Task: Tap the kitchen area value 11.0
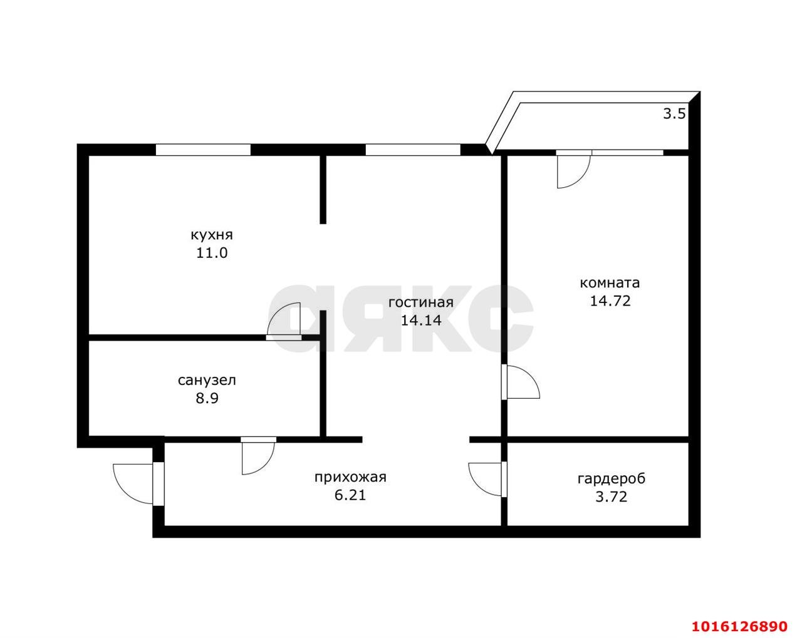pyautogui.click(x=212, y=254)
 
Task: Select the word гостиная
pyautogui.click(x=421, y=303)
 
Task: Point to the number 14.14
pyautogui.click(x=421, y=321)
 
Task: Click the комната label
pyautogui.click(x=610, y=284)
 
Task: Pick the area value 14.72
pyautogui.click(x=610, y=301)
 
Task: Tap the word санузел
pyautogui.click(x=207, y=381)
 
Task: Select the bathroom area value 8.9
pyautogui.click(x=207, y=399)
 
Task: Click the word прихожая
pyautogui.click(x=350, y=478)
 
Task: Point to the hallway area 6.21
pyautogui.click(x=350, y=495)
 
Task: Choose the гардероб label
pyautogui.click(x=611, y=478)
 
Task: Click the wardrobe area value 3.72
pyautogui.click(x=611, y=497)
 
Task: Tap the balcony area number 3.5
pyautogui.click(x=674, y=114)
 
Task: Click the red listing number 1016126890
pyautogui.click(x=740, y=615)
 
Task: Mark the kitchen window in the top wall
pyautogui.click(x=203, y=150)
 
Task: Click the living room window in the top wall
pyautogui.click(x=413, y=150)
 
